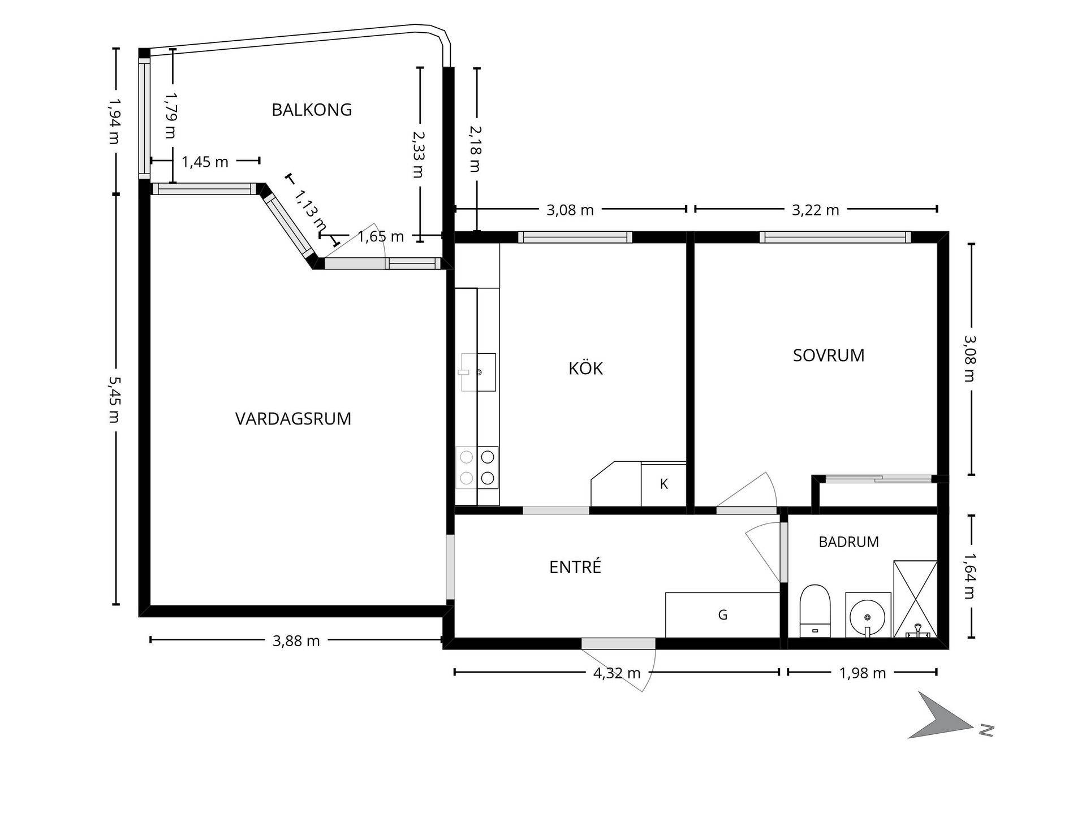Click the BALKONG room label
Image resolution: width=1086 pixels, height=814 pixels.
click(x=312, y=110)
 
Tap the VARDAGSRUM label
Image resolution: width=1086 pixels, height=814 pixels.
click(x=293, y=419)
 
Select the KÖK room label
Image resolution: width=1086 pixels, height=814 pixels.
click(x=586, y=368)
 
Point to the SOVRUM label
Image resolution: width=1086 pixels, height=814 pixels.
click(x=829, y=356)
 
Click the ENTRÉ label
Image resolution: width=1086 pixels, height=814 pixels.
click(x=575, y=566)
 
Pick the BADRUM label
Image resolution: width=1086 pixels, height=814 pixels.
click(x=848, y=542)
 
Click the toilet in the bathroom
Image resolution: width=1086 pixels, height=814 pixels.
click(x=815, y=610)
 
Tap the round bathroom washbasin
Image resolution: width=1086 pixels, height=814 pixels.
click(x=868, y=615)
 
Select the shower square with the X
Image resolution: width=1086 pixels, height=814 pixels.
click(x=915, y=599)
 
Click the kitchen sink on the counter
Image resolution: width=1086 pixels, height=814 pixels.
click(x=479, y=372)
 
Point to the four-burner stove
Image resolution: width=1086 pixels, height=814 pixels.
click(x=477, y=467)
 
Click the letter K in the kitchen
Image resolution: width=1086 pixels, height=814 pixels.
click(x=664, y=484)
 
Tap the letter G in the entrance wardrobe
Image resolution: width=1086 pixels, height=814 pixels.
click(x=723, y=615)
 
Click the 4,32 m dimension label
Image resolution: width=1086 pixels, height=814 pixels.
click(x=617, y=673)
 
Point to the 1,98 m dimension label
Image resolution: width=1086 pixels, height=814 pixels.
click(x=863, y=673)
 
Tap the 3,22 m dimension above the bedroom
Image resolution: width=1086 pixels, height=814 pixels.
click(x=815, y=210)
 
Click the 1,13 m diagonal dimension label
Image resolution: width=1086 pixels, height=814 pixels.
click(x=311, y=210)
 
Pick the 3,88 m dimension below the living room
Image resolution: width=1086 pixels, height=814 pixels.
click(x=296, y=641)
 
